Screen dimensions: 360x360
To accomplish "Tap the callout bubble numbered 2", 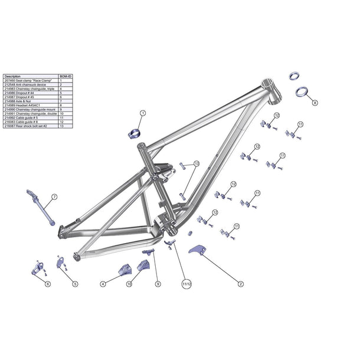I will (241, 284).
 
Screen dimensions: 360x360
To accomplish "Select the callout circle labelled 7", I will (54, 196).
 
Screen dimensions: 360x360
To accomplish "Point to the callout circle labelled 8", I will (315, 102).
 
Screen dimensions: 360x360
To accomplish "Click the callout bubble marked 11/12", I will (188, 284).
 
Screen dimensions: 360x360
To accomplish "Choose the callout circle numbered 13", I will (197, 163).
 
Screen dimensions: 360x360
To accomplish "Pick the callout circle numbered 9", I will (158, 284).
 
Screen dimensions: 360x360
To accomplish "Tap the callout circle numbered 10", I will (129, 284).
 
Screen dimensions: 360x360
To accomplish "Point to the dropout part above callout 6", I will (38, 269).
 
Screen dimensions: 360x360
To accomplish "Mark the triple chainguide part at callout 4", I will (125, 269).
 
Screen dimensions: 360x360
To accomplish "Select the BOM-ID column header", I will (66, 76).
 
